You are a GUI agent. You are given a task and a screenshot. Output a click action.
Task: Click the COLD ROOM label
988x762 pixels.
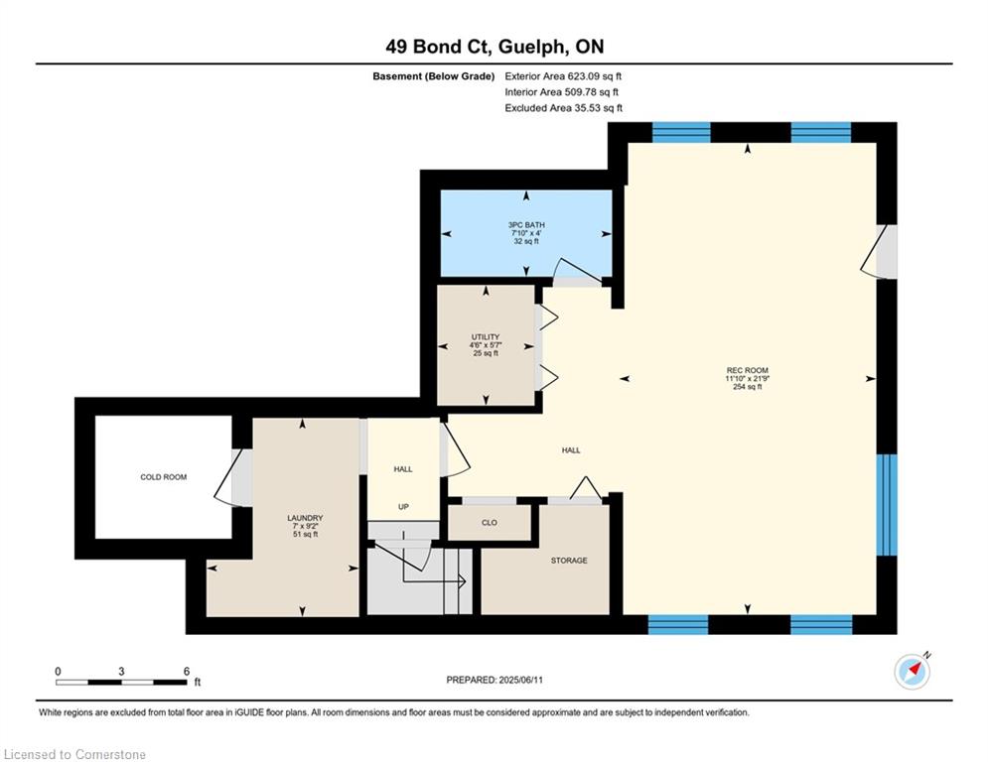pyautogui.click(x=163, y=477)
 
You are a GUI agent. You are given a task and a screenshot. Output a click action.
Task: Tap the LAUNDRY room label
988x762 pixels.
pyautogui.click(x=305, y=518)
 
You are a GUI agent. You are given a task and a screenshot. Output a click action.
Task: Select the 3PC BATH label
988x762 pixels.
pyautogui.click(x=526, y=225)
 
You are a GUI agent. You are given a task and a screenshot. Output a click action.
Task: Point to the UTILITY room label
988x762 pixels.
pyautogui.click(x=486, y=337)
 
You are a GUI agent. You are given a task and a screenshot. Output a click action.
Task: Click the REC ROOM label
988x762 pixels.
pyautogui.click(x=748, y=370)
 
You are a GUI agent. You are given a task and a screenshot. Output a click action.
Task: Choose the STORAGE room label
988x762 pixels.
pyautogui.click(x=569, y=561)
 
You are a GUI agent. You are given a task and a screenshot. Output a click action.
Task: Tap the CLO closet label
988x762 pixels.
pyautogui.click(x=489, y=523)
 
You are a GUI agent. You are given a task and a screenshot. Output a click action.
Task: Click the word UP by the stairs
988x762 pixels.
pyautogui.click(x=403, y=507)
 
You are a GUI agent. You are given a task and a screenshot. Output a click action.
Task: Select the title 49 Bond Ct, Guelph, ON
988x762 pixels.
pyautogui.click(x=494, y=47)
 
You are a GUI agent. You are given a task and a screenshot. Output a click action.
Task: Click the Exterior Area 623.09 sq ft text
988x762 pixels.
pyautogui.click(x=563, y=76)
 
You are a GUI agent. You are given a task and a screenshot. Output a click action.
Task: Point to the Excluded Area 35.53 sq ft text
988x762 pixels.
pyautogui.click(x=564, y=108)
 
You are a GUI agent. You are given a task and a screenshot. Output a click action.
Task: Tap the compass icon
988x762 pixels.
pyautogui.click(x=913, y=672)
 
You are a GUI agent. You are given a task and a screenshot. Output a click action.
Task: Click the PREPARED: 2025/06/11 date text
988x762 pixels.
pyautogui.click(x=494, y=680)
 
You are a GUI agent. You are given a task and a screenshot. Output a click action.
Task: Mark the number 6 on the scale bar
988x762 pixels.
pyautogui.click(x=187, y=672)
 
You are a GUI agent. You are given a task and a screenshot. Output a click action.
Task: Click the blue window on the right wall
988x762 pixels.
pyautogui.click(x=887, y=505)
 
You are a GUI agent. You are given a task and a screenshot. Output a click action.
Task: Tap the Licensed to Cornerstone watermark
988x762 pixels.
pyautogui.click(x=74, y=754)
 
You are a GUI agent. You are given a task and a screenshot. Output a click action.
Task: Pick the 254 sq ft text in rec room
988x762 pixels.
pyautogui.click(x=748, y=387)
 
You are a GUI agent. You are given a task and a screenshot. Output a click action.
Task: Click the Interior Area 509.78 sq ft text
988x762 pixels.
pyautogui.click(x=561, y=92)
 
